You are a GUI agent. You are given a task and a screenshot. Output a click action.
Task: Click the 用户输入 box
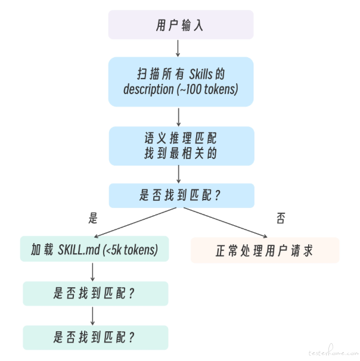click(x=181, y=25)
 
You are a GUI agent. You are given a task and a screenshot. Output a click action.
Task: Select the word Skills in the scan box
click(x=204, y=74)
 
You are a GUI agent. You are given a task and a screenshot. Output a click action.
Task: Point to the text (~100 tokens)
click(x=207, y=89)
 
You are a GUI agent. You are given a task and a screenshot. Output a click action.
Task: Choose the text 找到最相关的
click(x=181, y=153)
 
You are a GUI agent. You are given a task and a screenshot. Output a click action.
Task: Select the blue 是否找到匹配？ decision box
click(x=181, y=195)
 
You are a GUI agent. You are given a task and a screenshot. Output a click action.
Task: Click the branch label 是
click(x=92, y=218)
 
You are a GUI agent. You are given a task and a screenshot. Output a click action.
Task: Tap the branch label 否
click(x=281, y=218)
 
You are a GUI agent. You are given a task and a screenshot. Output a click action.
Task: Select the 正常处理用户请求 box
click(x=265, y=250)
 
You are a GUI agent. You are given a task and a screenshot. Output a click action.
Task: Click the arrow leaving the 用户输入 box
click(x=178, y=48)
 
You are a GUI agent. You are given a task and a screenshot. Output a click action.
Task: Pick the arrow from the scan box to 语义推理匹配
click(x=179, y=116)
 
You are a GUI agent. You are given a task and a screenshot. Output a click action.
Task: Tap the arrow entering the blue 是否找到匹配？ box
click(x=179, y=173)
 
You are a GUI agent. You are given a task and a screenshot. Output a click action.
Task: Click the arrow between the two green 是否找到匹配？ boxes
click(x=93, y=315)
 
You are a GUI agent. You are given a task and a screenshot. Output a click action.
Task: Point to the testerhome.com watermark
click(x=331, y=352)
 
